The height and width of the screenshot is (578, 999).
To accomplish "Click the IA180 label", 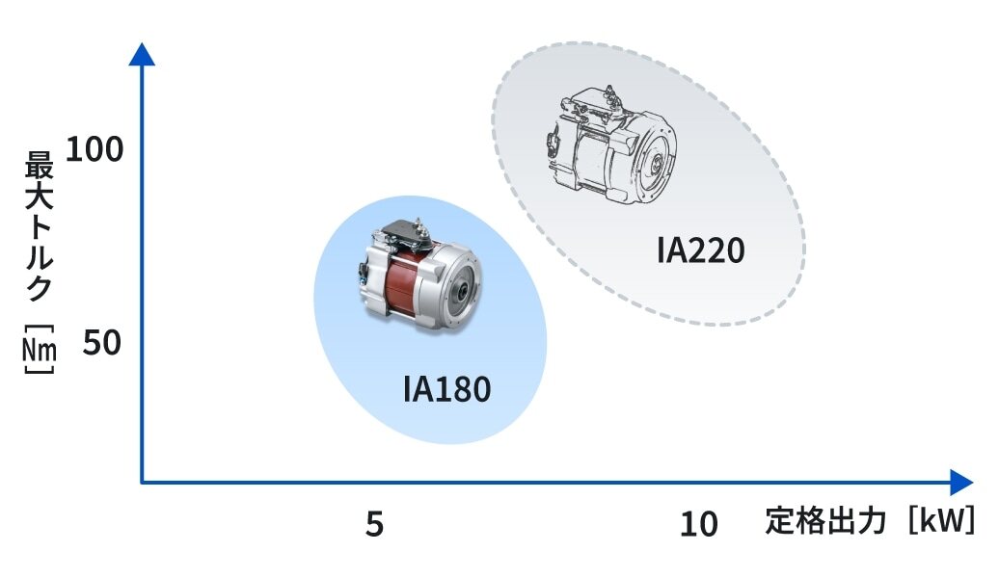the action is pos(446,389).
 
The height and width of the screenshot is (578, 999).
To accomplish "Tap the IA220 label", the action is pos(700,250).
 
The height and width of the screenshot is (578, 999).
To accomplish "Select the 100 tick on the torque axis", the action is pos(94,149).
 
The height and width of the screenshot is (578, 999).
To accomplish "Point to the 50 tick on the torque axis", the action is pos(101,343).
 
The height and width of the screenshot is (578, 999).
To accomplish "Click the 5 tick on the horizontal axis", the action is pos(374,524).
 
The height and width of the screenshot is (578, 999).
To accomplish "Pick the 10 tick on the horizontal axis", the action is pos(699,524).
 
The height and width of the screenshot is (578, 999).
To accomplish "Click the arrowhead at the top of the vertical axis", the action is pos(142,54).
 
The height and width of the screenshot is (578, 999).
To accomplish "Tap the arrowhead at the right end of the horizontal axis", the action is pos(961,482).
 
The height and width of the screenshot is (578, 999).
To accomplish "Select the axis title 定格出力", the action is pos(825,521).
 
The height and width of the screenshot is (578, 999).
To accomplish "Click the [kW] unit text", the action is pos(942,521).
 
